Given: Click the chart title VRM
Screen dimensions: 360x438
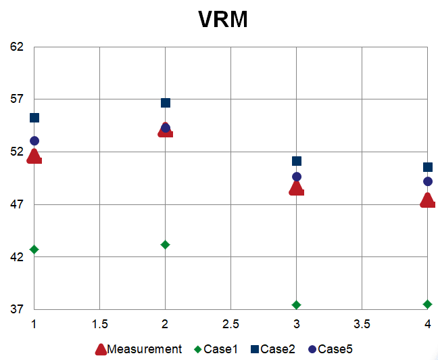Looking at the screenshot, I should point(223,20).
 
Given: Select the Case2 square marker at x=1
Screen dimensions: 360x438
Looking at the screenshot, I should point(34,118).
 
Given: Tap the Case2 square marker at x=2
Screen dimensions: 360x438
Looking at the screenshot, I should point(166,103).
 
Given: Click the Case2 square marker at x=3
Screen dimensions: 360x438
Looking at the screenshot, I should point(297,161).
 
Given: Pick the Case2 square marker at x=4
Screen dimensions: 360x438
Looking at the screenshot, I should point(428,167).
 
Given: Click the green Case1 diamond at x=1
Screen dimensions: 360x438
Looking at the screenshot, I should point(34,250).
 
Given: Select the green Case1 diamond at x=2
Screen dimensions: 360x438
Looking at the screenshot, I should point(166,244).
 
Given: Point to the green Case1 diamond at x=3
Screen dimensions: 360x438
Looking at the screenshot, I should point(297,305).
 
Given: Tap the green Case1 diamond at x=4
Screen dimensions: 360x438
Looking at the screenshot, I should point(428,305).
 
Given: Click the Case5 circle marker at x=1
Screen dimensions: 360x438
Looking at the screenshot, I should point(34,141).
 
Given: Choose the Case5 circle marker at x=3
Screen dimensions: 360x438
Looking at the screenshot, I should point(297,177).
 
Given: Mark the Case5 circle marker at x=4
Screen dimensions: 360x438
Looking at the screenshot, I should point(428,181).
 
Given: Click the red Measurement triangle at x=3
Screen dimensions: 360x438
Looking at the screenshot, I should point(296,189).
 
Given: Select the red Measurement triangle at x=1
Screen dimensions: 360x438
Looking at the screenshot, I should point(34,157).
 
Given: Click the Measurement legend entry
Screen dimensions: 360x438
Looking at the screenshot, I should point(138,349).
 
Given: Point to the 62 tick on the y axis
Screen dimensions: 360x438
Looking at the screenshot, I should point(16,47).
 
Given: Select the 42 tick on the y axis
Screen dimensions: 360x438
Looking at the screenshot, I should point(16,257).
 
